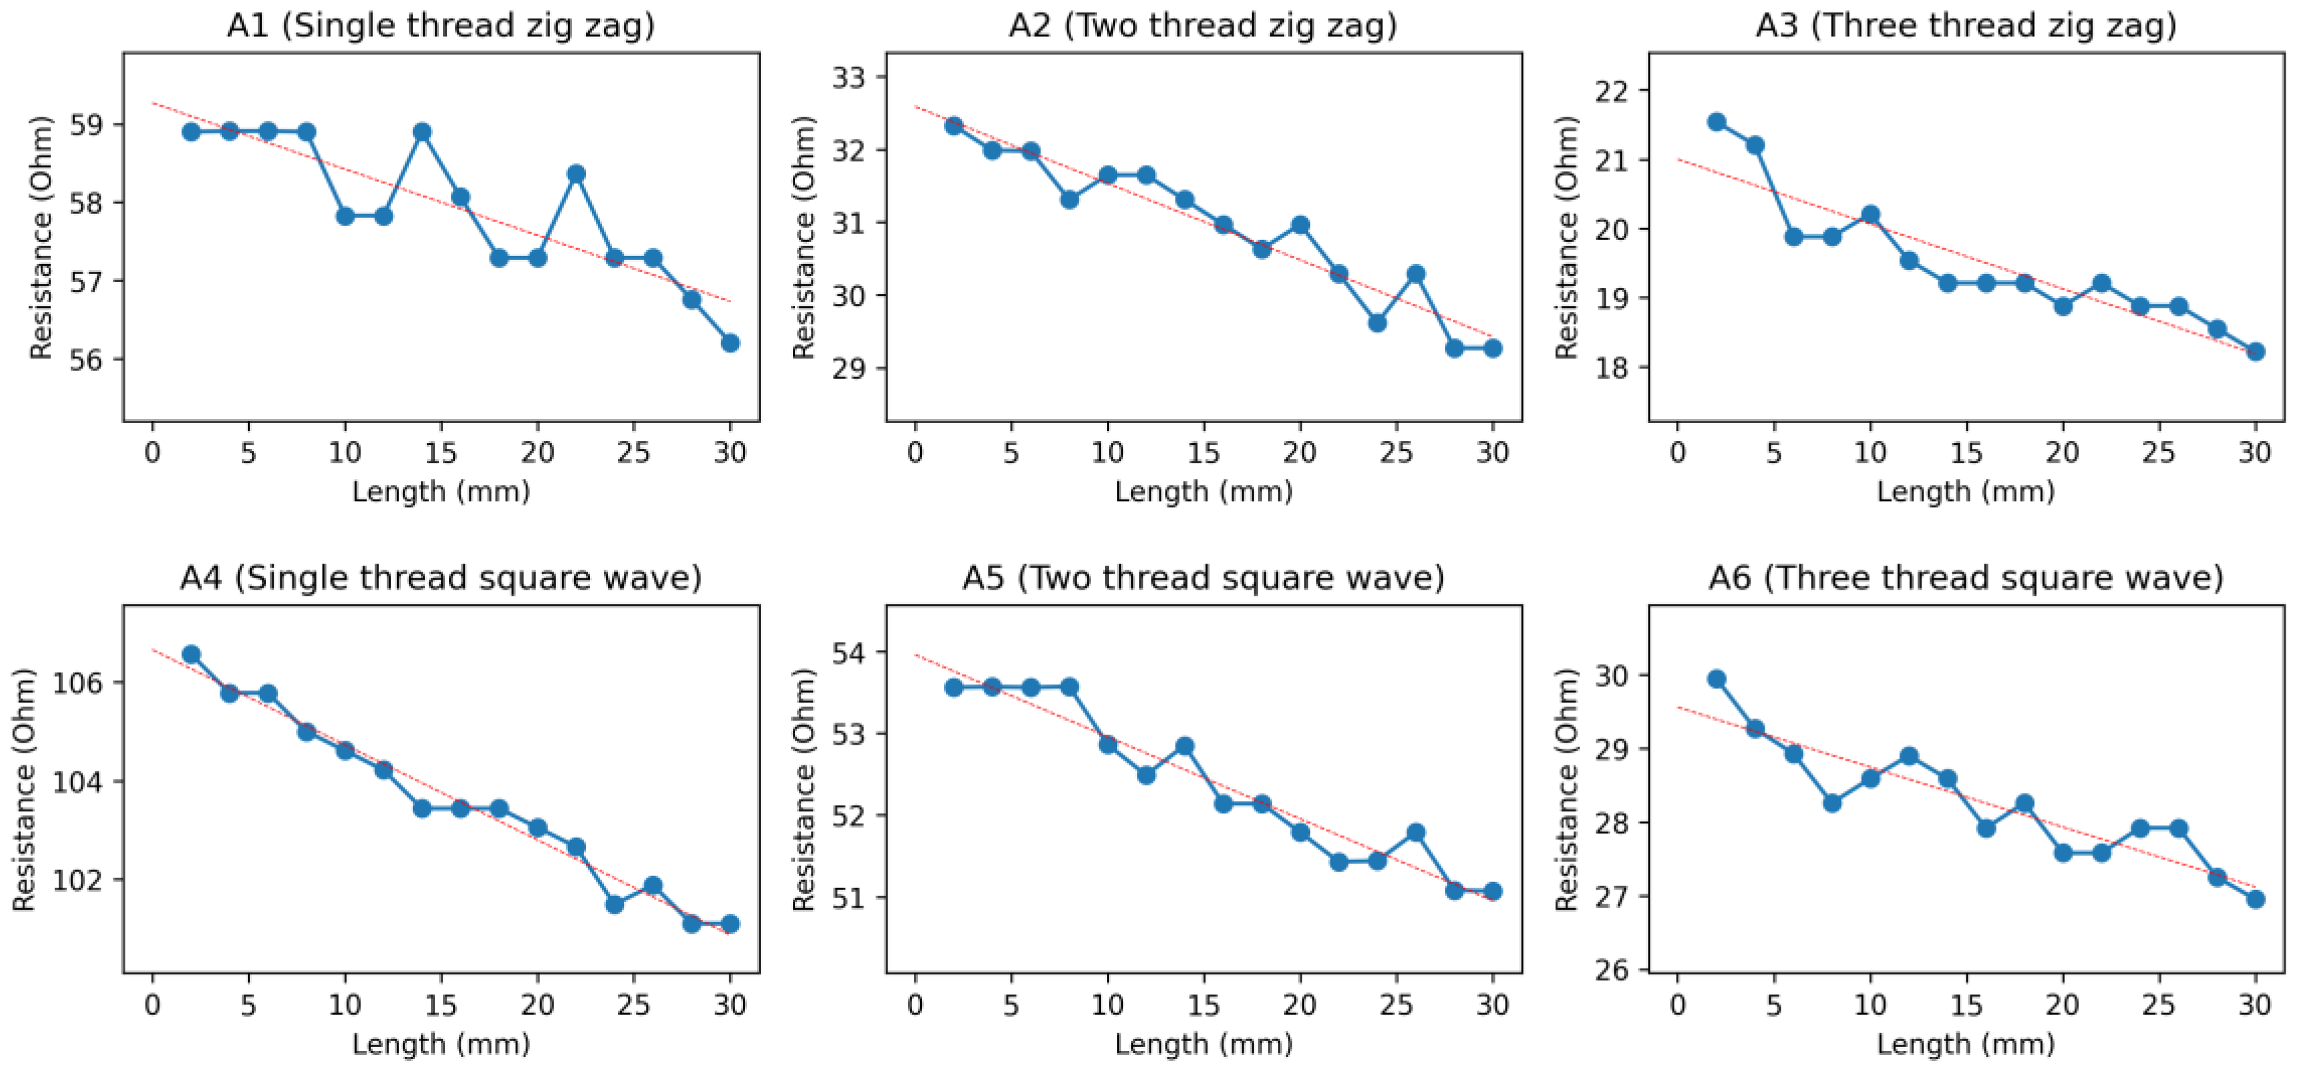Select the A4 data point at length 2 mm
point(190,654)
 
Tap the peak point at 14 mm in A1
point(422,132)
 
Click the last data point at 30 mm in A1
point(730,342)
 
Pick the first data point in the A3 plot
point(1716,121)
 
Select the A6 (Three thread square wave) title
point(1966,578)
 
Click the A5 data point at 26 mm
point(1415,832)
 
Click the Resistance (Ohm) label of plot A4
point(23,790)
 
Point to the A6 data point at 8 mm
point(1832,802)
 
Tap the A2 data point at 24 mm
point(1377,322)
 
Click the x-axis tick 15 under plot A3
point(1966,452)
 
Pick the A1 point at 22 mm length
point(576,173)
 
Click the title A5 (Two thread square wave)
point(1203,578)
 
